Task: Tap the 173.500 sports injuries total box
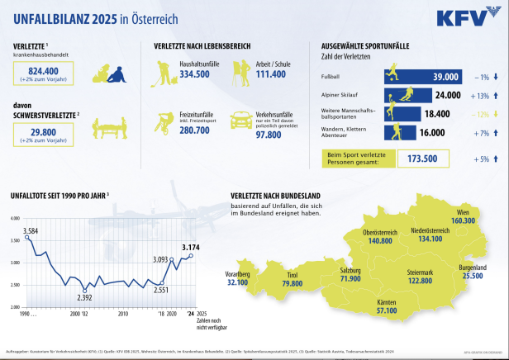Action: (423, 157)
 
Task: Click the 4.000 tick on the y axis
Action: (14, 218)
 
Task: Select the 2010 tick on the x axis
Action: (123, 315)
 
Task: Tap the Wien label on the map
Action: (464, 211)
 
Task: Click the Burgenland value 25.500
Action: (473, 276)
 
